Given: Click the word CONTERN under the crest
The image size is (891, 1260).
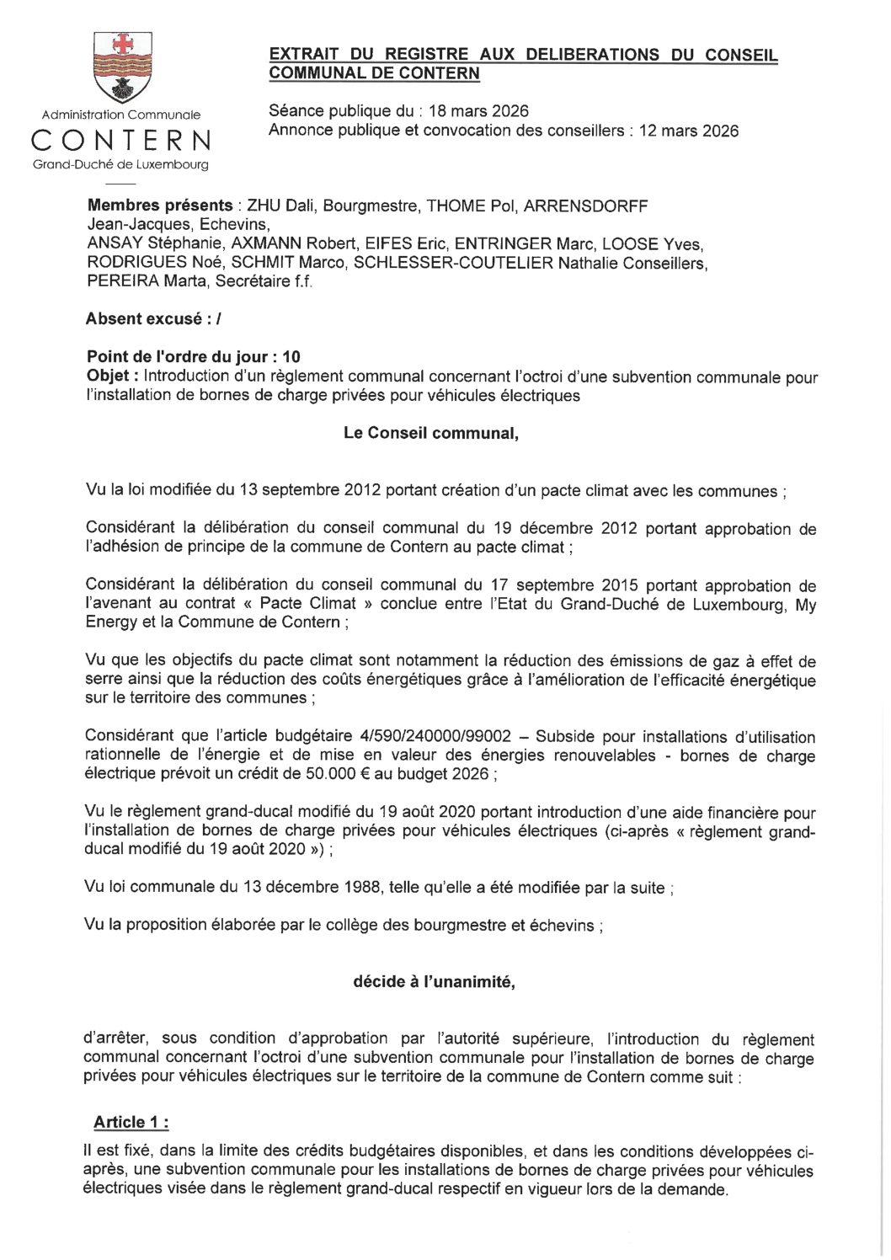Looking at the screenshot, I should [x=121, y=140].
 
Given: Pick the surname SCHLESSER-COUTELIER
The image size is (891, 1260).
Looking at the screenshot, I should [x=453, y=263].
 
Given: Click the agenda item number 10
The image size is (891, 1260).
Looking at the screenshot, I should [x=291, y=356].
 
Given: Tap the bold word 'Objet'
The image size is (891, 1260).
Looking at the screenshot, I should [x=107, y=376].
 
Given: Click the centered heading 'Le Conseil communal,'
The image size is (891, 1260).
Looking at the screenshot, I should [x=431, y=433].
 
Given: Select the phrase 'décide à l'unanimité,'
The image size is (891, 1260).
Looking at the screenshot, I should [x=434, y=982].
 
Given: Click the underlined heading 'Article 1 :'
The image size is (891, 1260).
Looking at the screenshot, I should [x=131, y=1122].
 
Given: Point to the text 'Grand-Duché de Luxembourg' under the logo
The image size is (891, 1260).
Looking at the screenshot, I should [x=121, y=165].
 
